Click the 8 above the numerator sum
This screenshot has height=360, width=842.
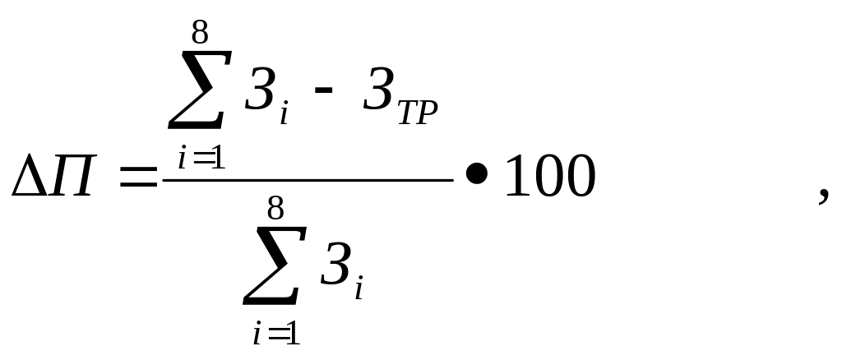200,33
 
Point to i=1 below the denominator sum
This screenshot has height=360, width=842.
275,334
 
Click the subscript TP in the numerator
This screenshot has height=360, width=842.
415,114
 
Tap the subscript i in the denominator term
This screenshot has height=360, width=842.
359,289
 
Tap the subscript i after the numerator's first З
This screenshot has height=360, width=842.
284,115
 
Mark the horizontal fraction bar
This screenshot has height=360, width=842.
308,179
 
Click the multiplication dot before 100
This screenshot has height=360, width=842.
476,178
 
